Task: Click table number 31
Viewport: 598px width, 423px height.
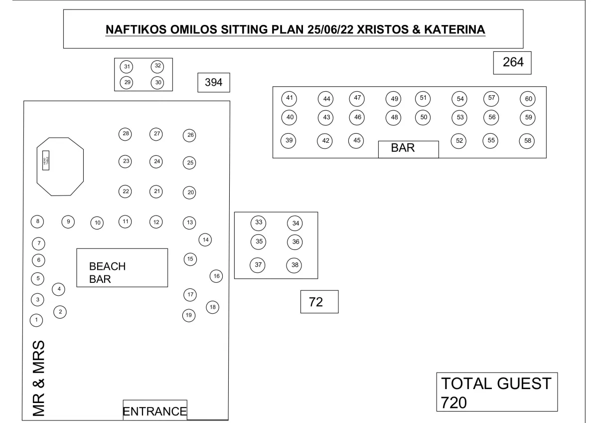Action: tap(127, 66)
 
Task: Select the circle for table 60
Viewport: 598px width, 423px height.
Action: tap(528, 99)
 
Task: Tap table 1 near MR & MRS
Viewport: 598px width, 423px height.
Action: tap(36, 319)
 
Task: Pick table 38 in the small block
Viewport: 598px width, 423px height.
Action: tap(295, 265)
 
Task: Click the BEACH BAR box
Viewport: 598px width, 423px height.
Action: tap(122, 268)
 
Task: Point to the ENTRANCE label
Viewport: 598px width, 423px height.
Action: tap(154, 412)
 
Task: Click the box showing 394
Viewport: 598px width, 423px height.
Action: tap(214, 83)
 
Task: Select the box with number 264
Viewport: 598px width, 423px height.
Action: tap(512, 62)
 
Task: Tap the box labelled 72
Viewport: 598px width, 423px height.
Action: tap(319, 302)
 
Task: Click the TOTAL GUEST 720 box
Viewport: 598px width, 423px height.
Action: tap(496, 392)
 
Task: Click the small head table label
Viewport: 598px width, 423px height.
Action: tap(45, 160)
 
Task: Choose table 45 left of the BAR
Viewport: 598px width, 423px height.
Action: tap(357, 141)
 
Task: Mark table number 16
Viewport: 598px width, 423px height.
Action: tap(216, 276)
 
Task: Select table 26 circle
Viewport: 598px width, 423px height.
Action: tap(189, 135)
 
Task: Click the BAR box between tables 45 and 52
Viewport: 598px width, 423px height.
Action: tap(408, 149)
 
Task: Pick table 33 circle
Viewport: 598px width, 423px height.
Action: tap(258, 222)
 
